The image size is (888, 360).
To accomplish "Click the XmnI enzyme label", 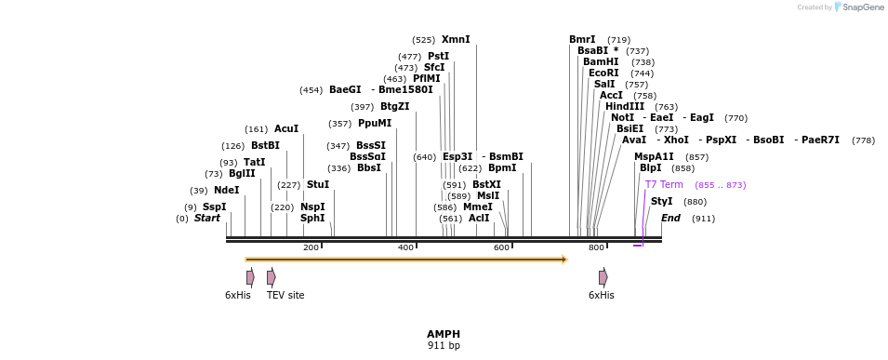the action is (x=456, y=40).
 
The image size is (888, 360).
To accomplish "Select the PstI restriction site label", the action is (x=438, y=56).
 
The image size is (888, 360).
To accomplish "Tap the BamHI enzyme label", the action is (x=601, y=61).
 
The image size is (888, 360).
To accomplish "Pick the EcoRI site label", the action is (x=603, y=73).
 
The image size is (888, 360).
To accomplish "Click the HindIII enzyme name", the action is (x=625, y=107).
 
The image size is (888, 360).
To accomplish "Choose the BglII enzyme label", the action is (x=242, y=173).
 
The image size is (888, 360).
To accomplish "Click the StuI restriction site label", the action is (x=318, y=185).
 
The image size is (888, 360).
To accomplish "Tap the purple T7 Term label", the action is (x=664, y=185).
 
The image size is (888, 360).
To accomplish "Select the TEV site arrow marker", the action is (x=272, y=277).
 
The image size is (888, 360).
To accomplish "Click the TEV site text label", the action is (x=285, y=295).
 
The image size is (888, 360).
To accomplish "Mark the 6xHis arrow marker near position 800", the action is (x=603, y=277).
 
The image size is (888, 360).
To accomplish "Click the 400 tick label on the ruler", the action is (x=405, y=247).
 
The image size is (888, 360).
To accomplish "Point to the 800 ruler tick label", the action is (x=596, y=247).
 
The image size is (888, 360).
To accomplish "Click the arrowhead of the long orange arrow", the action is (x=564, y=260).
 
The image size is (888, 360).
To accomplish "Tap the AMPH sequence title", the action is (x=444, y=334).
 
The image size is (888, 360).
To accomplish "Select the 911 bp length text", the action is (x=444, y=345).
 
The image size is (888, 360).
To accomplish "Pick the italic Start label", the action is (x=207, y=219).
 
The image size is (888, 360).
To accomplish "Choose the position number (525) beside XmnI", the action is (x=424, y=40).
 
